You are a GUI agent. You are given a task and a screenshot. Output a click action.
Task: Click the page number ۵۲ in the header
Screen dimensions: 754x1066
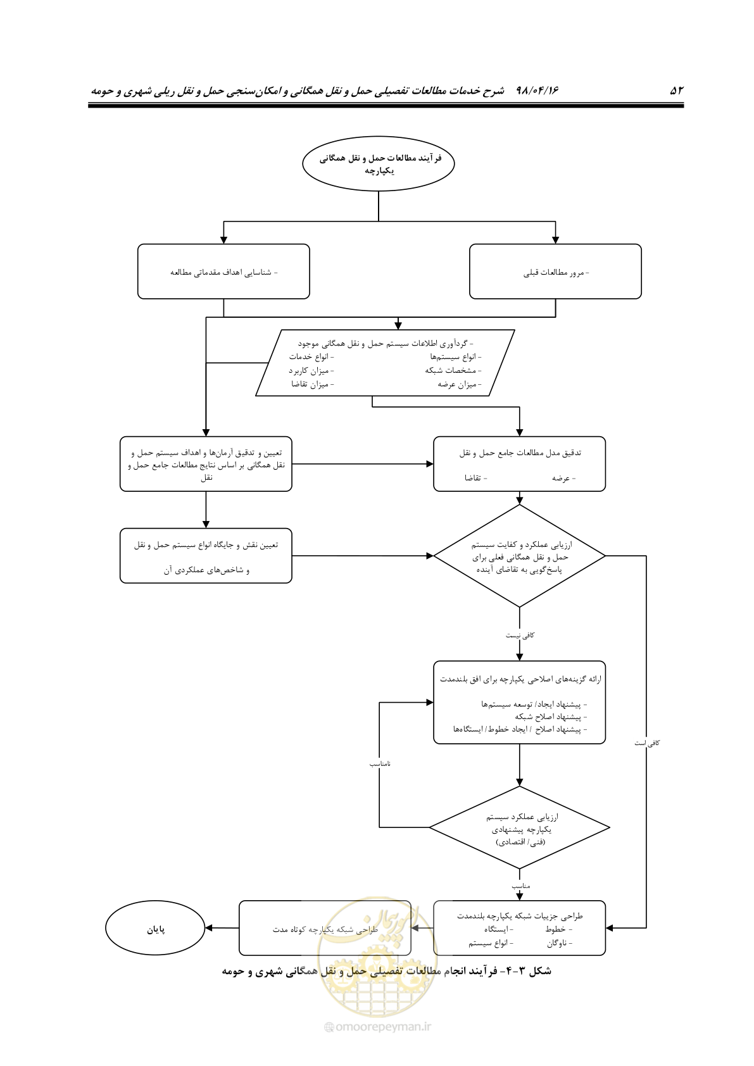pyautogui.click(x=676, y=90)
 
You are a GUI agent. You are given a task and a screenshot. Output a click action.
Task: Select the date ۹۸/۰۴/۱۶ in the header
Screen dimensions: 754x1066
pyautogui.click(x=537, y=90)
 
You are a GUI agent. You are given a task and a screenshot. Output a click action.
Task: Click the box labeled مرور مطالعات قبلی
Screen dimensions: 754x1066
pyautogui.click(x=555, y=272)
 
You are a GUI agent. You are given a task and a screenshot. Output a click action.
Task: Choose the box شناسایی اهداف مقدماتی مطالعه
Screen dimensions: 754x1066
pyautogui.click(x=223, y=272)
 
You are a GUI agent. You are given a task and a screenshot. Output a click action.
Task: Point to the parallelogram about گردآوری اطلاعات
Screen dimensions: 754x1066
pyautogui.click(x=385, y=363)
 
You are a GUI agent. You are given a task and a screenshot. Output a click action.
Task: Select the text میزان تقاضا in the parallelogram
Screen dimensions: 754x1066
pyautogui.click(x=313, y=384)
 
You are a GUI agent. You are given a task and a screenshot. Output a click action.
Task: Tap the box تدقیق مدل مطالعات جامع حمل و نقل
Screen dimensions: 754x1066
pyautogui.click(x=519, y=464)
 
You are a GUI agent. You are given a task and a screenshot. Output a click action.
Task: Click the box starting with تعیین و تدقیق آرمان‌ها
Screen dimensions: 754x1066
pyautogui.click(x=206, y=464)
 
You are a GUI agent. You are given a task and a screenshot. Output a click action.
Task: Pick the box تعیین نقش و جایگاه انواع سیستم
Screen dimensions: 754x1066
pyautogui.click(x=206, y=556)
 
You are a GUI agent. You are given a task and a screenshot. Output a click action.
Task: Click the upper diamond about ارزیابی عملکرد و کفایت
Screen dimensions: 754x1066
pyautogui.click(x=519, y=556)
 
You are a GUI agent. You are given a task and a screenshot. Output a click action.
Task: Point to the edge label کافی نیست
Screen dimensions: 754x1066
pyautogui.click(x=520, y=636)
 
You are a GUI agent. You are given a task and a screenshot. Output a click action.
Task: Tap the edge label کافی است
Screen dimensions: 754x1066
pyautogui.click(x=647, y=743)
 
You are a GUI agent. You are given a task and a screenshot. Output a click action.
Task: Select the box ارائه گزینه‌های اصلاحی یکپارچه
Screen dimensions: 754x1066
pyautogui.click(x=519, y=703)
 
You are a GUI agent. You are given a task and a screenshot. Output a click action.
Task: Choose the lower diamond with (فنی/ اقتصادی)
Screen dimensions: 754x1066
pyautogui.click(x=519, y=827)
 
